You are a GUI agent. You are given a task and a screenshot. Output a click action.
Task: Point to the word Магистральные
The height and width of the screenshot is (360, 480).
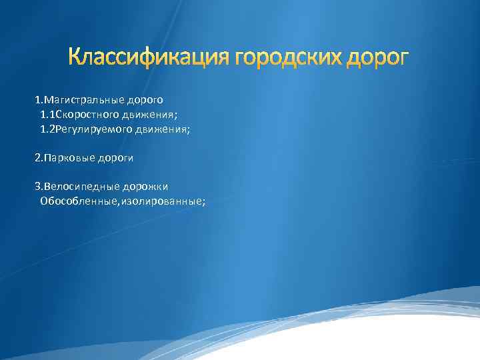coord(78,100)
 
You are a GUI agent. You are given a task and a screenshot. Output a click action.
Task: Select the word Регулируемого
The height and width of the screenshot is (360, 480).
coord(85,129)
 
